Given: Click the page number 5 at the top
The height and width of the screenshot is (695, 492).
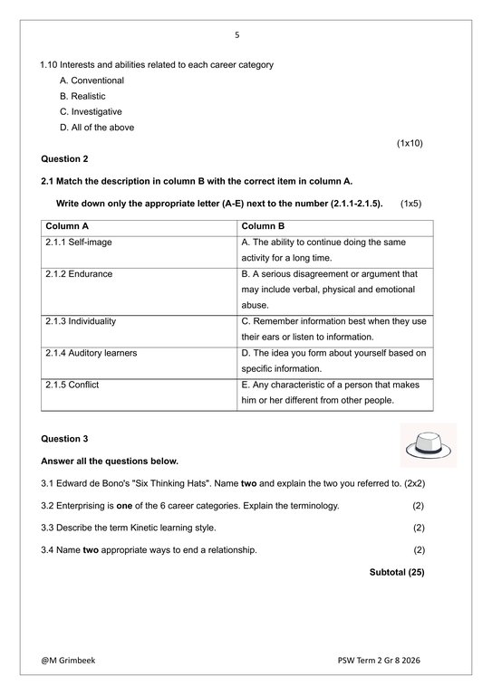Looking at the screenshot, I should [x=237, y=35].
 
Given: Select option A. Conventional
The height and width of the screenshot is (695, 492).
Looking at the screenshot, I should [x=92, y=81].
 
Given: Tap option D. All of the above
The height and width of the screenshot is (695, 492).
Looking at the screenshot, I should [x=96, y=128].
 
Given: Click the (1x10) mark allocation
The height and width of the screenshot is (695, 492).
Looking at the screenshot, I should [x=410, y=143].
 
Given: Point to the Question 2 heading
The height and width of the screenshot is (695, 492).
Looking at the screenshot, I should [x=65, y=159].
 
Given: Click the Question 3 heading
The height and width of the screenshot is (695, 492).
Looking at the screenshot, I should [x=65, y=439].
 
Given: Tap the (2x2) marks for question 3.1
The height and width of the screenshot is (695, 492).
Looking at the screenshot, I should [x=410, y=483].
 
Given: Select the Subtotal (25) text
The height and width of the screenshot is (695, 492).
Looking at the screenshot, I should [x=397, y=572].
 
